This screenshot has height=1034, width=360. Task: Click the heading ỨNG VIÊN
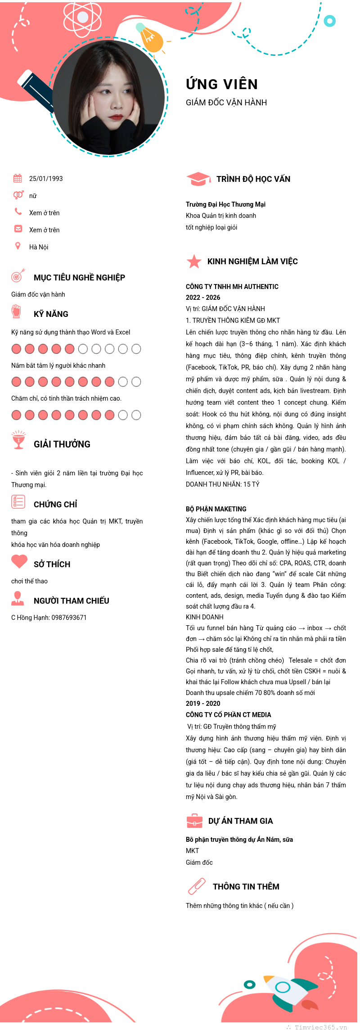[x=222, y=84]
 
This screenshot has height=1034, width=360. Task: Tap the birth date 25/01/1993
[x=46, y=179]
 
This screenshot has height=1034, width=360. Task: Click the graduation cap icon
[x=198, y=179]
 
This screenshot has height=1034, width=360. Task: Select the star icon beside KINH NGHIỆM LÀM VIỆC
[x=194, y=261]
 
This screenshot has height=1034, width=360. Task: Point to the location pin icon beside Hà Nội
[x=18, y=246]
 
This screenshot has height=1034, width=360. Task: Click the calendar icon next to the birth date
[x=18, y=178]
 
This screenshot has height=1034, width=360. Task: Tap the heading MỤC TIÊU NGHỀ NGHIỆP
[x=79, y=278]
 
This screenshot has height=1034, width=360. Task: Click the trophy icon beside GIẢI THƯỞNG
[x=18, y=440]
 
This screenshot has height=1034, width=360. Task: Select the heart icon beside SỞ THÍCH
[x=19, y=561]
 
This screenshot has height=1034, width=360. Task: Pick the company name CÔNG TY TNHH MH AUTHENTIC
[x=232, y=287]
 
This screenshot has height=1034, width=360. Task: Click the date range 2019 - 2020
[x=203, y=704]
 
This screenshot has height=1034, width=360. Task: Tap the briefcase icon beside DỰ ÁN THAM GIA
[x=194, y=821]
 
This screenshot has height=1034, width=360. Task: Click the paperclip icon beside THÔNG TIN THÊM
[x=197, y=886]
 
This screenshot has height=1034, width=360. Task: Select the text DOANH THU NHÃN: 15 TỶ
[x=222, y=484]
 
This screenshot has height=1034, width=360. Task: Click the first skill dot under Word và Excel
[x=16, y=349]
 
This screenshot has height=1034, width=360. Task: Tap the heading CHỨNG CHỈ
[x=55, y=505]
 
